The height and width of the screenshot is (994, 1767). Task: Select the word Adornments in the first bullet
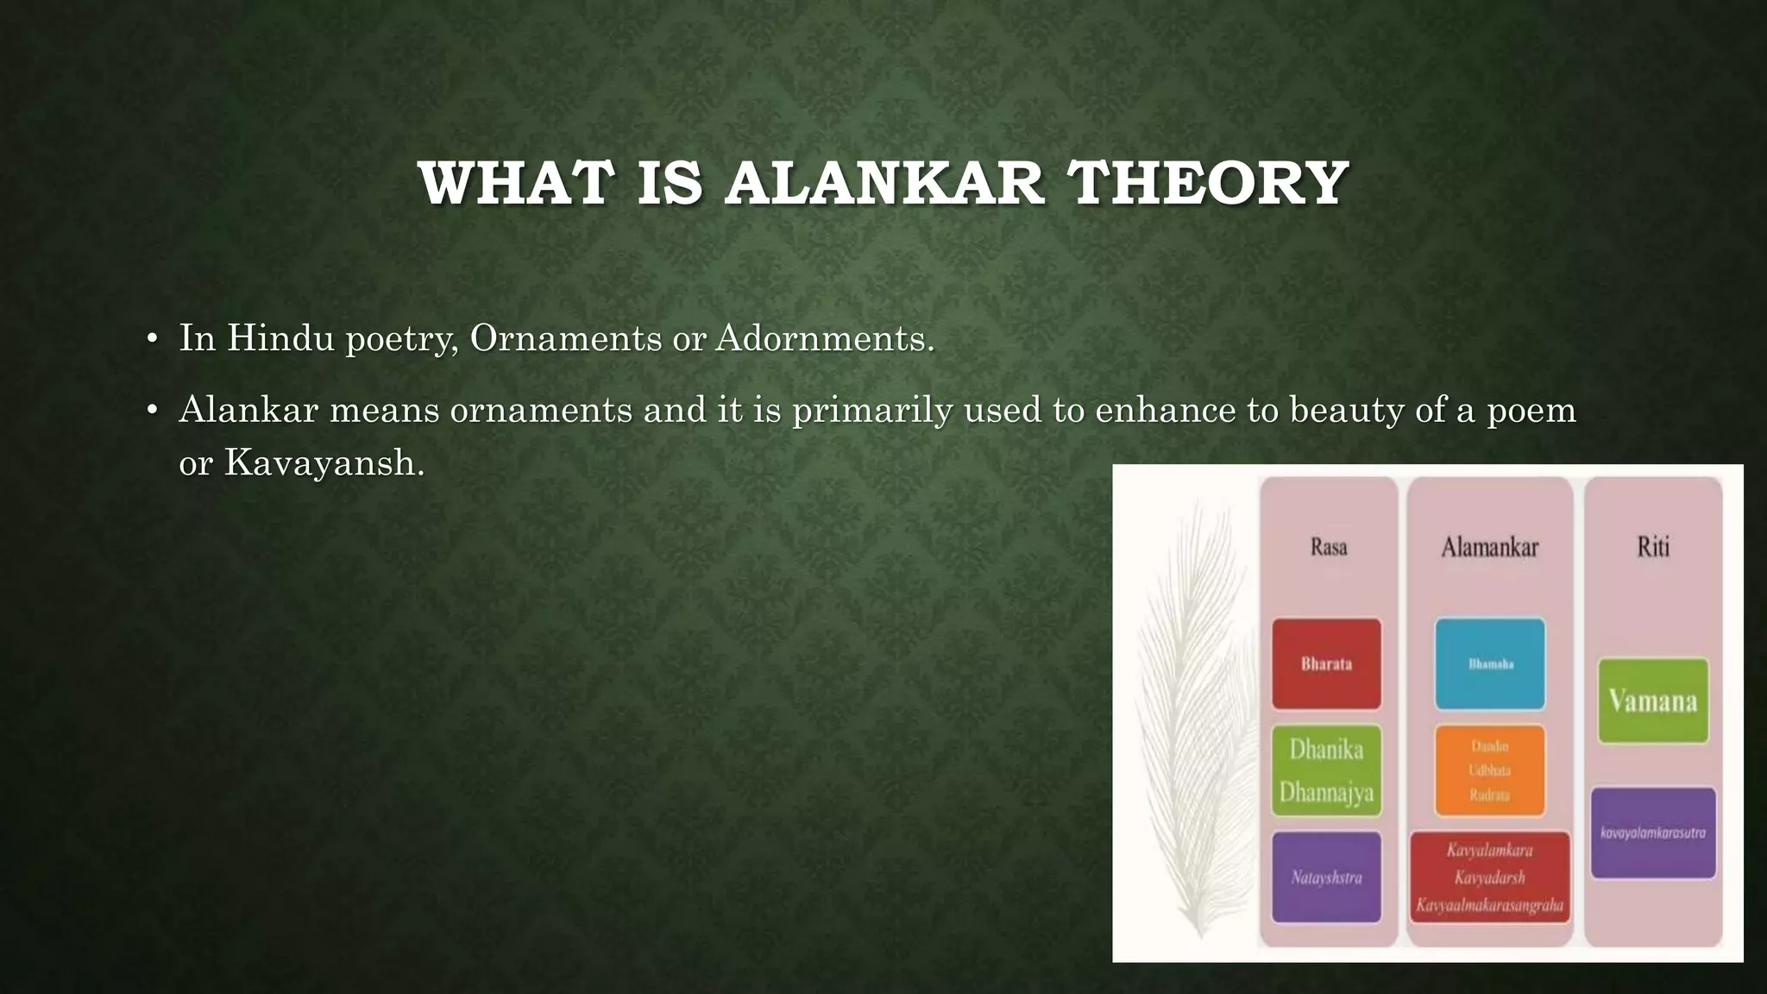click(x=824, y=337)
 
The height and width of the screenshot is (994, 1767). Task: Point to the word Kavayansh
click(x=324, y=463)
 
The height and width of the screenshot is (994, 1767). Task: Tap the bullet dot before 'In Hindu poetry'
click(x=152, y=339)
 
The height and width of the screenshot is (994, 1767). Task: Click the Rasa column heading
click(x=1328, y=547)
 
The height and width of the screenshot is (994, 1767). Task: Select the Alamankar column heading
click(x=1489, y=547)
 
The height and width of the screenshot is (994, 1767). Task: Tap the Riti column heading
click(x=1653, y=547)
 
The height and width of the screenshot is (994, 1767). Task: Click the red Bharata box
click(x=1326, y=664)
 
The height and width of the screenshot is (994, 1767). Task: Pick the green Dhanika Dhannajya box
click(x=1326, y=771)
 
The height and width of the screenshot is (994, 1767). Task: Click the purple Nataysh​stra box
click(x=1326, y=878)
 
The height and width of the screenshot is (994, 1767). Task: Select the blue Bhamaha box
click(x=1490, y=664)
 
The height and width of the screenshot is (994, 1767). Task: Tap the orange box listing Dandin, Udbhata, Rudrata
click(x=1490, y=771)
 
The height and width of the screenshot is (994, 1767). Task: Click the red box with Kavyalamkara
click(x=1489, y=878)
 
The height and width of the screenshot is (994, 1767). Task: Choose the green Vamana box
click(x=1653, y=701)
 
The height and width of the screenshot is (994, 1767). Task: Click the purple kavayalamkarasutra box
click(x=1653, y=833)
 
